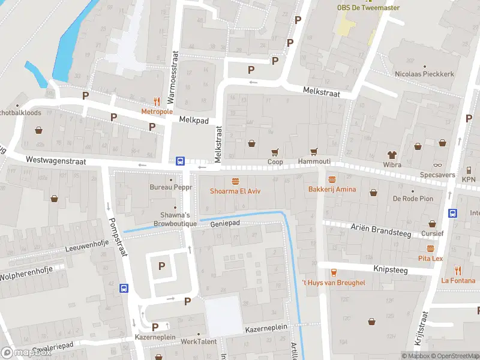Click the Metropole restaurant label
click(x=157, y=112)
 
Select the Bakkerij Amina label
click(x=332, y=189)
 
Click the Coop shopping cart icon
click(x=275, y=152)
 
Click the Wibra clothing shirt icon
click(x=392, y=154)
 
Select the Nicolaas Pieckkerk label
click(x=424, y=74)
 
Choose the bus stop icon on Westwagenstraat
click(x=180, y=161)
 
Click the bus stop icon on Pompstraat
click(x=124, y=288)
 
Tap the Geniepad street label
click(x=225, y=224)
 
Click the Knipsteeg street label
click(x=390, y=270)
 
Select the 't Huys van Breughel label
click(x=332, y=283)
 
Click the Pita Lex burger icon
click(x=430, y=248)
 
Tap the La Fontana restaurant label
click(x=458, y=280)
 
